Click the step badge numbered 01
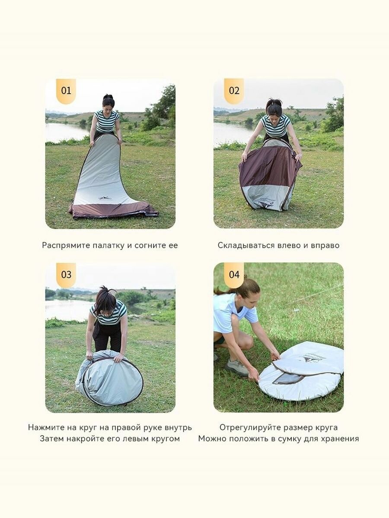click(x=66, y=91)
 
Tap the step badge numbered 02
click(x=234, y=91)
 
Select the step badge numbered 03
click(x=66, y=275)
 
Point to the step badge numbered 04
click(x=234, y=275)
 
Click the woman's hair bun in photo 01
click(x=108, y=97)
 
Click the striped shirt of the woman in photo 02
click(x=276, y=126)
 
